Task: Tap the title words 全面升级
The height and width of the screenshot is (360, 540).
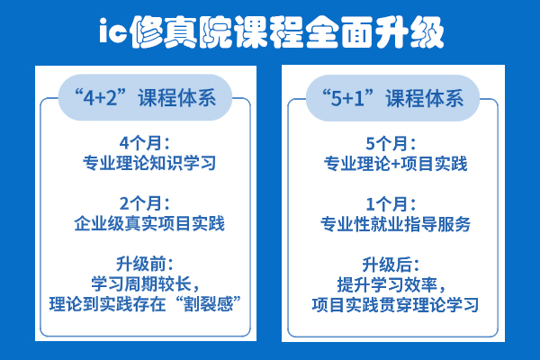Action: coord(373,32)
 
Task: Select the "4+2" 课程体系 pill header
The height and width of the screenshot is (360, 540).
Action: coord(145,97)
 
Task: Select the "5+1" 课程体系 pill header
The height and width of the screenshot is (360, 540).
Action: coord(392,98)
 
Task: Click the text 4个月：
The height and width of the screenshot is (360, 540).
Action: coord(145,143)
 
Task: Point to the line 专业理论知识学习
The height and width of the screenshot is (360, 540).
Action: coord(149,163)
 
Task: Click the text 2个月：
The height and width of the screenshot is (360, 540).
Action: coord(145,203)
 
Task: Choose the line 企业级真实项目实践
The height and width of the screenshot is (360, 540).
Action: coord(149,223)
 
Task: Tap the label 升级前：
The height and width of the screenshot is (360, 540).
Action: coord(145,264)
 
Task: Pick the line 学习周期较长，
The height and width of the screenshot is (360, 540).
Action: coord(145,283)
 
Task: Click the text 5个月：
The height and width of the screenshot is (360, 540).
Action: coord(391,143)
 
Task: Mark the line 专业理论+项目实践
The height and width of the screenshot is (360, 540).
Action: coord(395,164)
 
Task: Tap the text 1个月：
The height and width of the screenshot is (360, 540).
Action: coord(391,204)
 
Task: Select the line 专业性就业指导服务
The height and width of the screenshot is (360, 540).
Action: coord(395,224)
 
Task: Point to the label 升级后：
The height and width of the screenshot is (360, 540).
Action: coord(391,265)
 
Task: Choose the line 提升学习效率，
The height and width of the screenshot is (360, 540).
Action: coord(391,284)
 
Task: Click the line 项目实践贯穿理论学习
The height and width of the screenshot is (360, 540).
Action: coord(395,305)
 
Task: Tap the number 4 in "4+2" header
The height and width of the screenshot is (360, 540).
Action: coord(89,98)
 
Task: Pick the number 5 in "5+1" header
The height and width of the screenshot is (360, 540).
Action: coord(336,98)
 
